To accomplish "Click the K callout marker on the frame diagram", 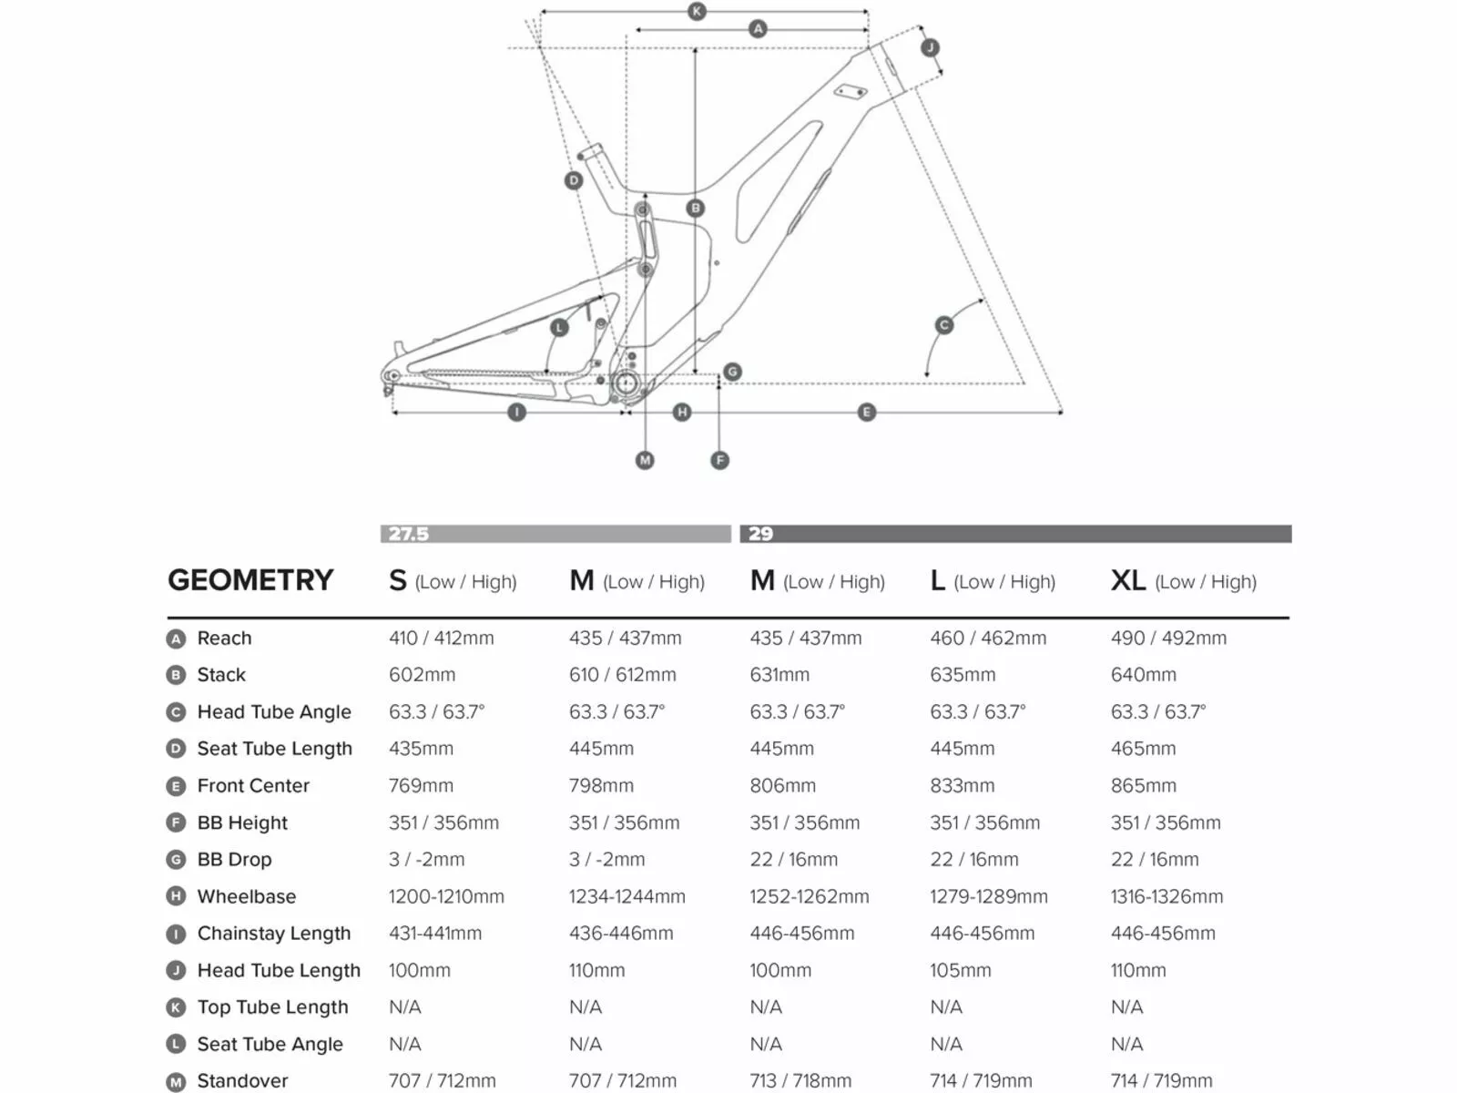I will (697, 12).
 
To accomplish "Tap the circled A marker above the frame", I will (758, 29).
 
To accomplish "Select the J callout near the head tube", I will (930, 48).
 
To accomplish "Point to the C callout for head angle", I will (944, 325).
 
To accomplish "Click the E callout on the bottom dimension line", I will (866, 413).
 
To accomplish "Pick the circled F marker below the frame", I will (719, 460).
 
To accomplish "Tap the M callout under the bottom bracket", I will (645, 460).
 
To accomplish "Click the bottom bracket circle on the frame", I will (626, 383).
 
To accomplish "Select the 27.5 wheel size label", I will (408, 534).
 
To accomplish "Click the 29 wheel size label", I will (760, 534).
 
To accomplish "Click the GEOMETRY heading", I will (250, 580).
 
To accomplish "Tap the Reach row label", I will (224, 638).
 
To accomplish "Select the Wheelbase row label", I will (246, 896).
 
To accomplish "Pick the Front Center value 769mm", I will (421, 785).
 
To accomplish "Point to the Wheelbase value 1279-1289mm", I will (988, 896).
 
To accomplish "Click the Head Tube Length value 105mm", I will (960, 970).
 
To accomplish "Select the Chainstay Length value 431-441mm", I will (434, 933).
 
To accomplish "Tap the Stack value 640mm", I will (1143, 675).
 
